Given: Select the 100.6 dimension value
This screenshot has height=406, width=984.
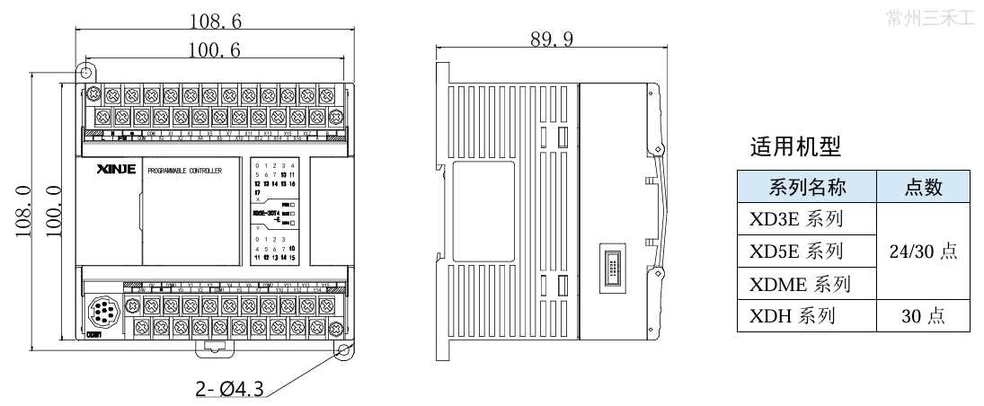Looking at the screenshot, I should [x=213, y=50].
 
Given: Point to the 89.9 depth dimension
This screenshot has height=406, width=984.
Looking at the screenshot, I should [x=551, y=39].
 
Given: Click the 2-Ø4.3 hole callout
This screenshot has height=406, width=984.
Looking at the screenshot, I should [x=229, y=389].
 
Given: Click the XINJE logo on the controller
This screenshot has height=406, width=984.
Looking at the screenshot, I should [x=115, y=169].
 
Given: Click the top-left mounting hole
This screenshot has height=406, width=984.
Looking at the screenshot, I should [x=87, y=70].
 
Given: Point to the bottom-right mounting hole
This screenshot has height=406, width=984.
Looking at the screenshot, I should [x=343, y=352].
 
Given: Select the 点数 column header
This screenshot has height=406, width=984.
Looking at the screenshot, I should [x=923, y=187].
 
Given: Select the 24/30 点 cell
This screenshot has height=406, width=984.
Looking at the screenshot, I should [x=923, y=252].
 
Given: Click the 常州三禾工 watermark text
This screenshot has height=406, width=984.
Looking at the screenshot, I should [x=929, y=17].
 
